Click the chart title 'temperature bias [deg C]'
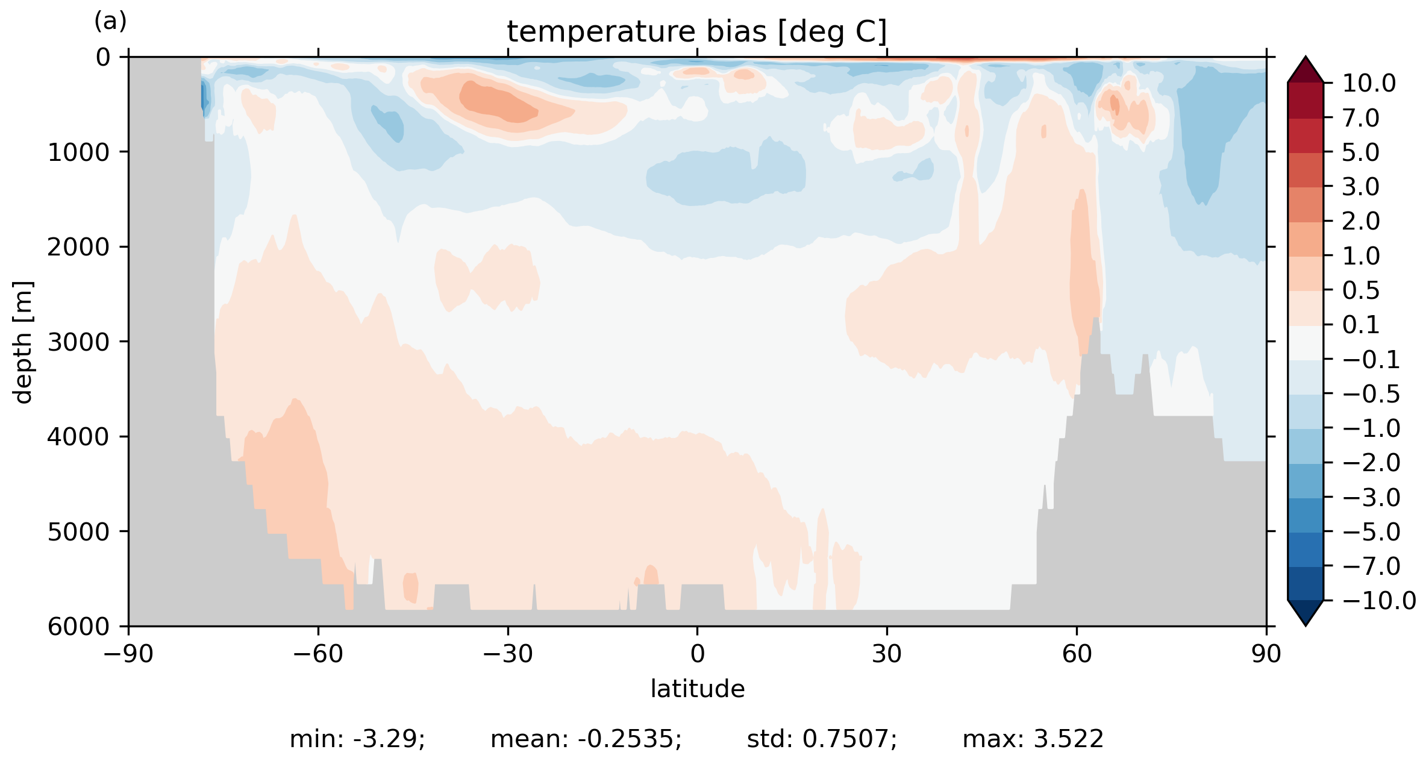(696, 32)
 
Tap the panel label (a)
(110, 22)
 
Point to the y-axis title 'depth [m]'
(23, 342)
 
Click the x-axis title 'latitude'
(697, 689)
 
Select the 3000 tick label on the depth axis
(79, 342)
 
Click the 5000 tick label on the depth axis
(79, 532)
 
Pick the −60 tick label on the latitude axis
(317, 654)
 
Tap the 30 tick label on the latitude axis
(886, 654)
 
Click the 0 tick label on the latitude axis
(697, 654)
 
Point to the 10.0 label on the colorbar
(1369, 84)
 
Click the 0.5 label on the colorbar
(1361, 291)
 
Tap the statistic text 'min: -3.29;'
(357, 739)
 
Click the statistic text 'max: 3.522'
(1033, 739)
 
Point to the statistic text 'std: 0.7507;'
(822, 739)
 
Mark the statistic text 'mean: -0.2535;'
(586, 739)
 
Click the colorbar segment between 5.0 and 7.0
(1306, 136)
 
